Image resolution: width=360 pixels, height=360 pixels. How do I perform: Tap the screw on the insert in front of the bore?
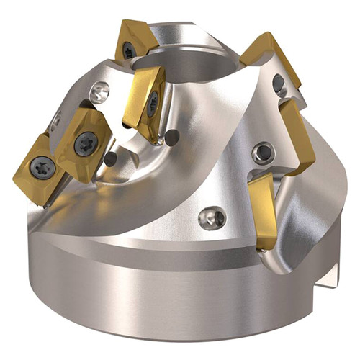(153, 107)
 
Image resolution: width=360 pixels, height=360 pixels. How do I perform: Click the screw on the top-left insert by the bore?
(129, 50)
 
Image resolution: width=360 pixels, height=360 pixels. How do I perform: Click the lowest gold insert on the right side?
(262, 209)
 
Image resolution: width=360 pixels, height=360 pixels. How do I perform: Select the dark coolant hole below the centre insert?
(171, 135)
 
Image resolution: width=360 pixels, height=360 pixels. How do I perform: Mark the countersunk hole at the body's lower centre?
(210, 217)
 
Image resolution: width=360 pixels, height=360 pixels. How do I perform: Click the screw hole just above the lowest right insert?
(264, 152)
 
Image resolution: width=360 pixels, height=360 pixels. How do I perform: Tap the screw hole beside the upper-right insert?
(279, 84)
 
